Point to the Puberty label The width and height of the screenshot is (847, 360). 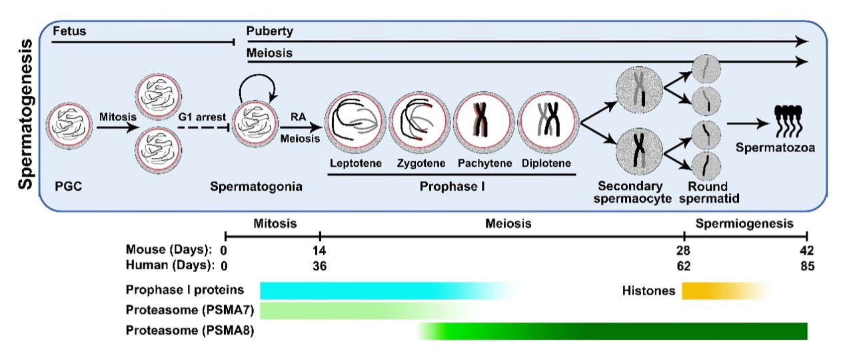pyautogui.click(x=269, y=31)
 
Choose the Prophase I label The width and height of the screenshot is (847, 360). pyautogui.click(x=451, y=187)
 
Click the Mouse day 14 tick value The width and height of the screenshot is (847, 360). pyautogui.click(x=320, y=250)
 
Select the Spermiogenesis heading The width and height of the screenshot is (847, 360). pyautogui.click(x=744, y=223)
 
